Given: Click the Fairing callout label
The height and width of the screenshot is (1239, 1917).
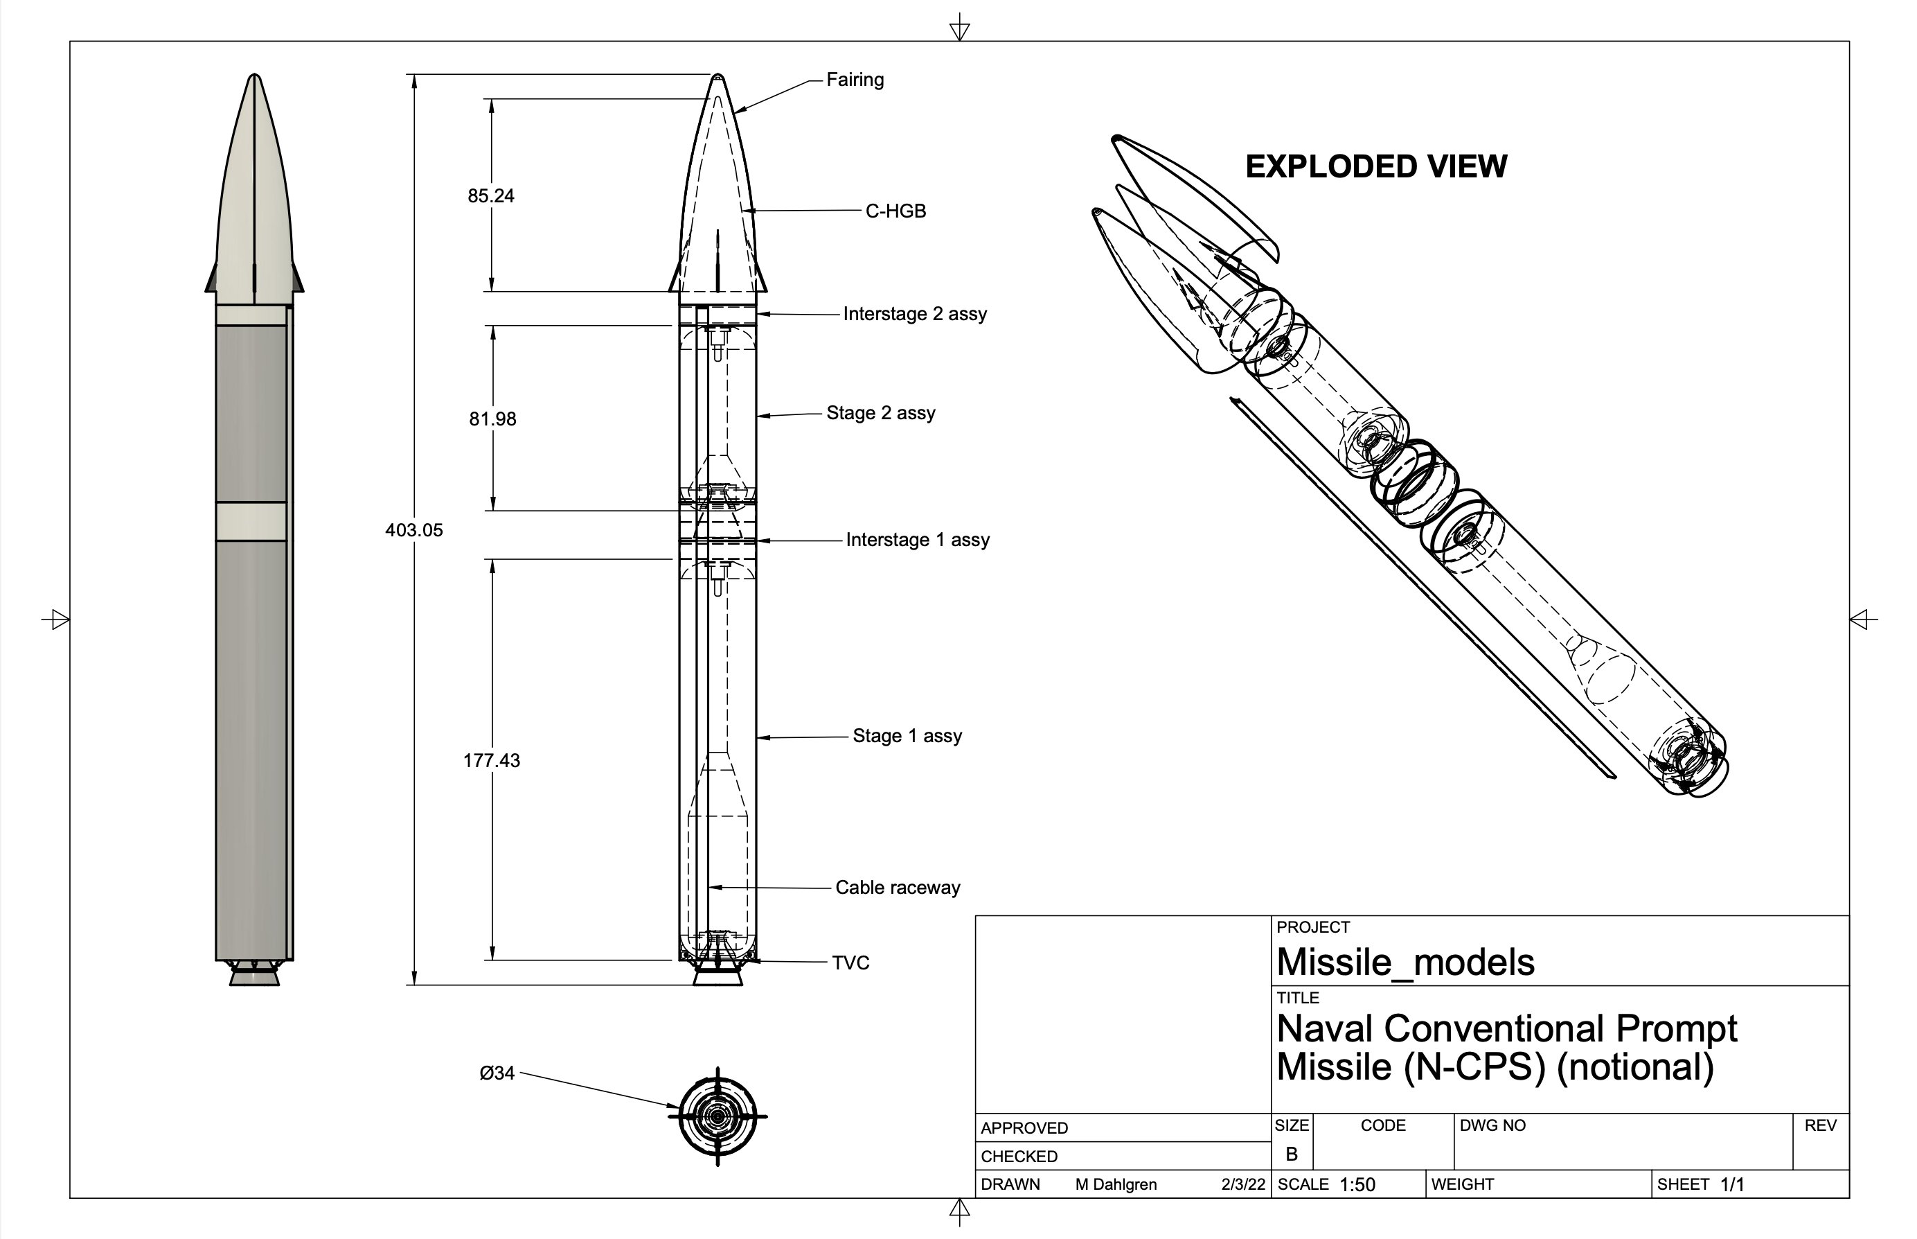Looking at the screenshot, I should (855, 80).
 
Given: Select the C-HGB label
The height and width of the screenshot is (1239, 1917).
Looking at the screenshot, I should (895, 211).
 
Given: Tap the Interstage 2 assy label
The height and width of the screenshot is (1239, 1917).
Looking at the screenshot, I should (914, 314).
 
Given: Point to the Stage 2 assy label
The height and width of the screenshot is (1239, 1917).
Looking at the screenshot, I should (880, 413).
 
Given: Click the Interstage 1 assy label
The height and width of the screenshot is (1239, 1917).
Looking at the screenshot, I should (917, 540).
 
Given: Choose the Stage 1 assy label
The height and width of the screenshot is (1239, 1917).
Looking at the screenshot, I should (907, 736).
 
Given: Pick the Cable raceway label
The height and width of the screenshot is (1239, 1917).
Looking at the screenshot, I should (898, 888).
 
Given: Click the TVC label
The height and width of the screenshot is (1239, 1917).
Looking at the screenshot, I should (850, 963).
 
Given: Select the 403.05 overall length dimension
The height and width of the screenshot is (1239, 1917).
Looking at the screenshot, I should (413, 530).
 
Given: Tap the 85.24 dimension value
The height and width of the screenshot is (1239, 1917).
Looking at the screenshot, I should (490, 195).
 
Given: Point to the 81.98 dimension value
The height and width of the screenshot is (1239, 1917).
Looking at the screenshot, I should (492, 419).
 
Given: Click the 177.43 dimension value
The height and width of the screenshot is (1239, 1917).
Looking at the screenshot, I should (491, 760).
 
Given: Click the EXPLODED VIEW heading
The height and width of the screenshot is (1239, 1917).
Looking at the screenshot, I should (1376, 166).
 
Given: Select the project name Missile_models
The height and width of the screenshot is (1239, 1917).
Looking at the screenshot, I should (1405, 963).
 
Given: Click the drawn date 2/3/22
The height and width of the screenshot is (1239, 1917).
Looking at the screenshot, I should (1242, 1184).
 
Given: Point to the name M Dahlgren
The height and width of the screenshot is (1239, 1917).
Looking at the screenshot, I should (1115, 1184).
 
